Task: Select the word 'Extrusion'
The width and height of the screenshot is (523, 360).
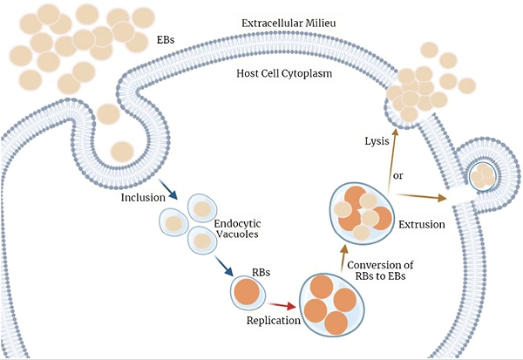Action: point(422,224)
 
